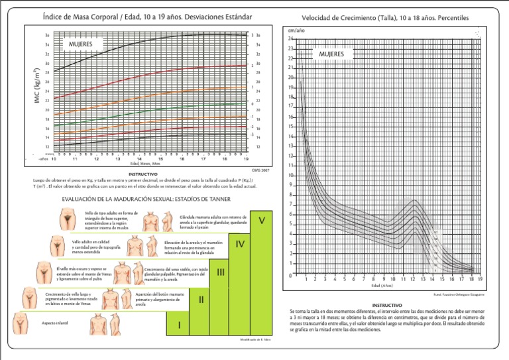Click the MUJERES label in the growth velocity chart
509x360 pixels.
[x=331, y=54]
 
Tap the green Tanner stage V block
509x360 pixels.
[x=262, y=221]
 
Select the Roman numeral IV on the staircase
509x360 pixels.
[x=240, y=244]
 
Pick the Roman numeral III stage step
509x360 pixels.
[x=221, y=272]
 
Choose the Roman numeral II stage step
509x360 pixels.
[x=201, y=299]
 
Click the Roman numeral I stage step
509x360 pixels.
[x=179, y=325]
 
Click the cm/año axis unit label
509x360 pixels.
[x=296, y=30]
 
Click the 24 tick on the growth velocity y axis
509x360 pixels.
[x=290, y=38]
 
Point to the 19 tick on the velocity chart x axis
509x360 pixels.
[x=480, y=279]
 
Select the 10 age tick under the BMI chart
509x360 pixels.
[x=54, y=159]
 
